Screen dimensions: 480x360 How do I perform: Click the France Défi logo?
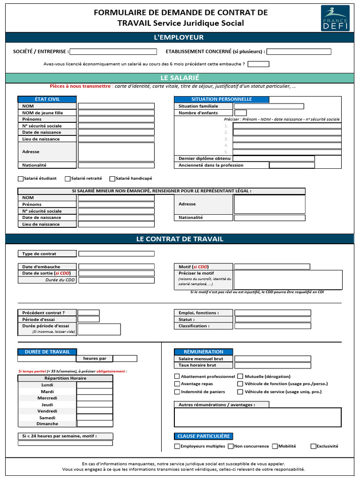click(335, 18)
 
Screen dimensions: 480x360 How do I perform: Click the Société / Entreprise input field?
click(113, 52)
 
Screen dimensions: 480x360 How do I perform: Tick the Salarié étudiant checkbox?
click(21, 179)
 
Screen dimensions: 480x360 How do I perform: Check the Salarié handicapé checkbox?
click(112, 179)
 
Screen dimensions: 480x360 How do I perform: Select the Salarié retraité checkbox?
click(67, 179)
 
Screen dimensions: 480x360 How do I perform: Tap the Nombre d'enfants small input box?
click(240, 112)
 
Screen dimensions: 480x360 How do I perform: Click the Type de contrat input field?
click(116, 254)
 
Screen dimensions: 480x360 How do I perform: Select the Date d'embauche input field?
click(116, 266)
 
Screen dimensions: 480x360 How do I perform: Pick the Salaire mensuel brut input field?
click(272, 359)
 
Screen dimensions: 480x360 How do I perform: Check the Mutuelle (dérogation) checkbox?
click(240, 376)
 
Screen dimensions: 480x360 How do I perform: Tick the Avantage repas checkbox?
click(177, 384)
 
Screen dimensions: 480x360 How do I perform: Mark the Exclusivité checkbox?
click(313, 446)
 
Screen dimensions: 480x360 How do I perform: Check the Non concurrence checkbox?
click(231, 446)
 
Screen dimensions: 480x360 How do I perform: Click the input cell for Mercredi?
click(94, 398)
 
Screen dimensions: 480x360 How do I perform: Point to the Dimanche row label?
click(47, 424)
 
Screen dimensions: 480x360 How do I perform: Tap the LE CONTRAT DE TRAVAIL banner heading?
click(180, 239)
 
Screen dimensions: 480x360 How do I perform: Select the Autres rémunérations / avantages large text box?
click(258, 417)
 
